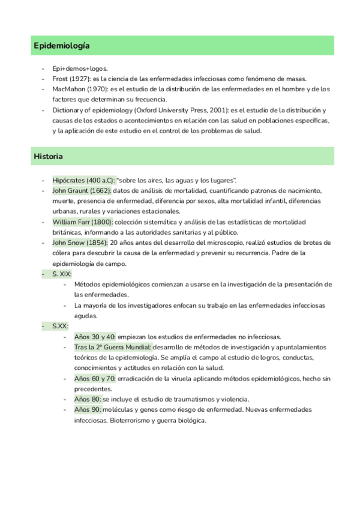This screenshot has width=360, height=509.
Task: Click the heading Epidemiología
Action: click(x=62, y=46)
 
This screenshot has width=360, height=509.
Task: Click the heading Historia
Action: click(x=49, y=156)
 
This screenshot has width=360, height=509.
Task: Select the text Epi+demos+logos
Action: click(x=80, y=69)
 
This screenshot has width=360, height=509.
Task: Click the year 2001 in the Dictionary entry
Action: click(x=220, y=110)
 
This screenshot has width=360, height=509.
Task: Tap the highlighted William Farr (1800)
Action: click(x=82, y=221)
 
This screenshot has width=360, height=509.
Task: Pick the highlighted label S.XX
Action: click(x=60, y=326)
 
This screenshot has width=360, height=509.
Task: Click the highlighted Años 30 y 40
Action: click(x=95, y=336)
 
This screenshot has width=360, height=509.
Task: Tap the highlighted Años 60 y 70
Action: click(x=95, y=378)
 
